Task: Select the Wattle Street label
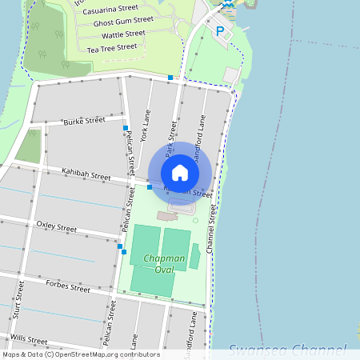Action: [x=124, y=34]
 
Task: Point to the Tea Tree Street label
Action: [x=112, y=48]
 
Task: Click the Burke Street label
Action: [x=85, y=121]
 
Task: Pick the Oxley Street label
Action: [x=57, y=227]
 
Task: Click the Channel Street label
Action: [x=212, y=228]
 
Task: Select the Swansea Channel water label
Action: [x=287, y=350]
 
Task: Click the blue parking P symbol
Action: [x=220, y=32]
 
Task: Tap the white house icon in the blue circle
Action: [x=180, y=172]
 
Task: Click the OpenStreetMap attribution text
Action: [x=80, y=354]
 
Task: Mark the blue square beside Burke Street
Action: [x=126, y=128]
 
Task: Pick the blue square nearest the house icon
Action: [x=150, y=186]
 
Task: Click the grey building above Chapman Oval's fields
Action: [x=167, y=215]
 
